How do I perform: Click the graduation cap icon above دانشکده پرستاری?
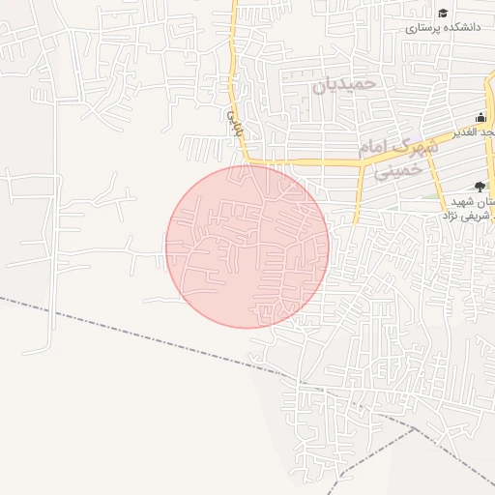pyautogui.click(x=443, y=13)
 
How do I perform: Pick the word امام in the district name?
pyautogui.click(x=378, y=150)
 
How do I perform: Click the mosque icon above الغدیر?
pyautogui.click(x=480, y=116)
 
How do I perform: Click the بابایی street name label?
pyautogui.click(x=232, y=121)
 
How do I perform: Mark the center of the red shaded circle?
pyautogui.click(x=247, y=247)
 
